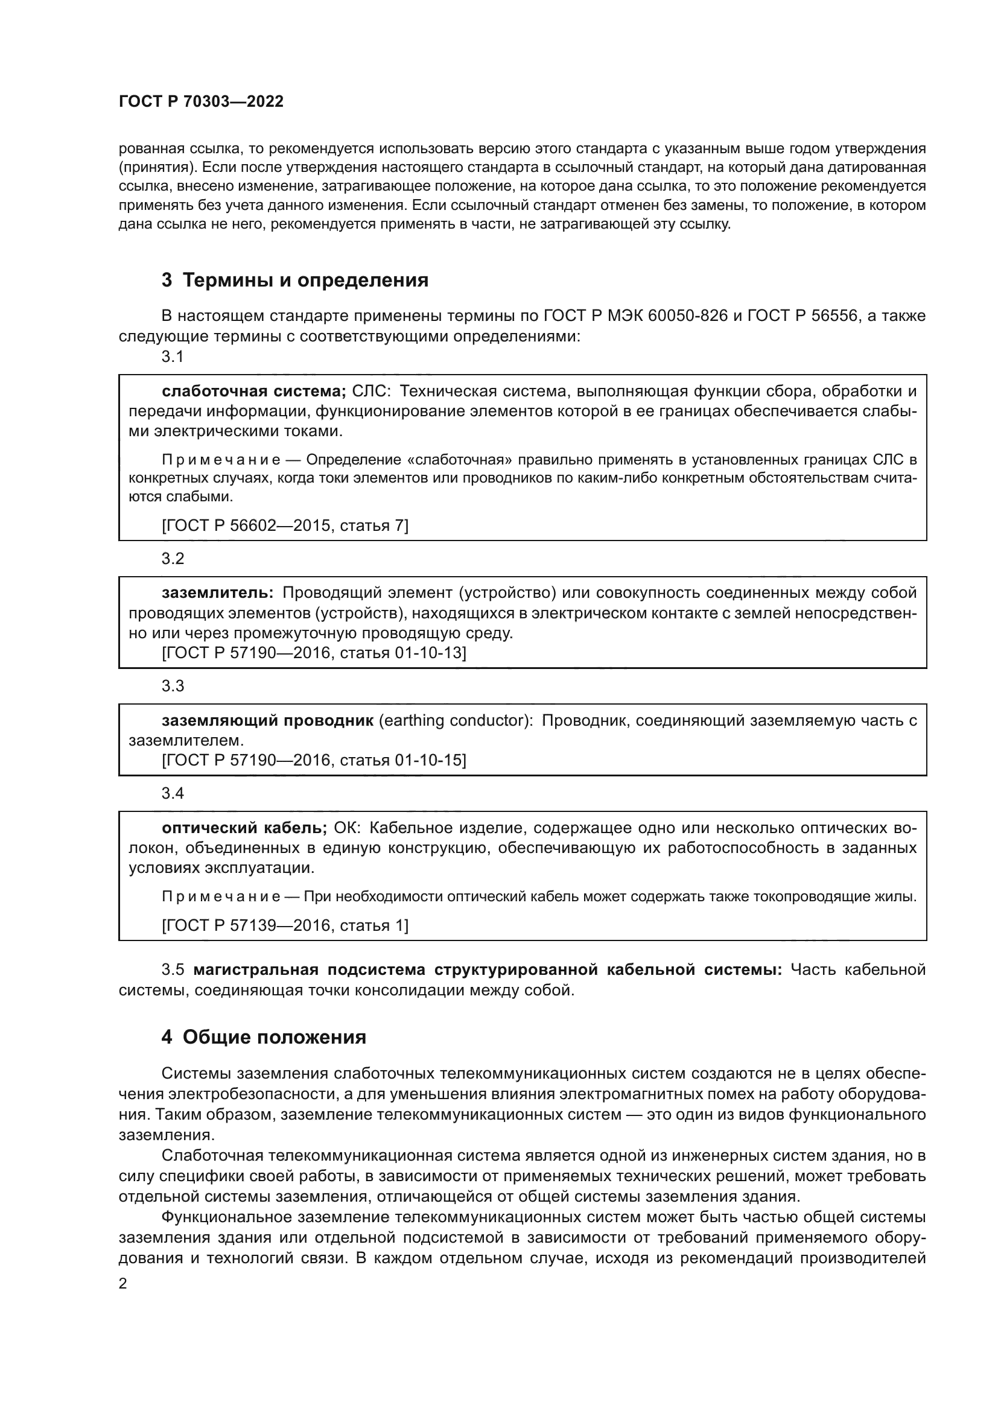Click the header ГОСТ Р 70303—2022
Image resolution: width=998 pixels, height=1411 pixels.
coord(201,102)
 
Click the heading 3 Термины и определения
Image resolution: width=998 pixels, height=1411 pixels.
coord(294,281)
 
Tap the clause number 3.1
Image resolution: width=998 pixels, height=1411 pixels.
coord(173,357)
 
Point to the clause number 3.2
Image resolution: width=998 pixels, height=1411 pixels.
coord(173,559)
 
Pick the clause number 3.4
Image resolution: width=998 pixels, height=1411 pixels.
coord(173,793)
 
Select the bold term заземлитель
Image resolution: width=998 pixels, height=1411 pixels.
coord(218,593)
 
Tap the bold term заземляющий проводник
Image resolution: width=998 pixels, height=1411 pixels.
coord(267,721)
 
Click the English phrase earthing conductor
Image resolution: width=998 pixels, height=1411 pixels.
coord(456,721)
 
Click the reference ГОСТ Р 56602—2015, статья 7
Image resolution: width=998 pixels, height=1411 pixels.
coord(285,525)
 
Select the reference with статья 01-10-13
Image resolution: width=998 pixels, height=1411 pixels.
coord(314,653)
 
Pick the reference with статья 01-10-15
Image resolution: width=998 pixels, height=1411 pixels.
coord(314,761)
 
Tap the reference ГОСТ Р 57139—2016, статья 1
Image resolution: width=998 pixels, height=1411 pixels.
coord(285,925)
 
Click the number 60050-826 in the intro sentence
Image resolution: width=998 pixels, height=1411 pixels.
coord(688,317)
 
